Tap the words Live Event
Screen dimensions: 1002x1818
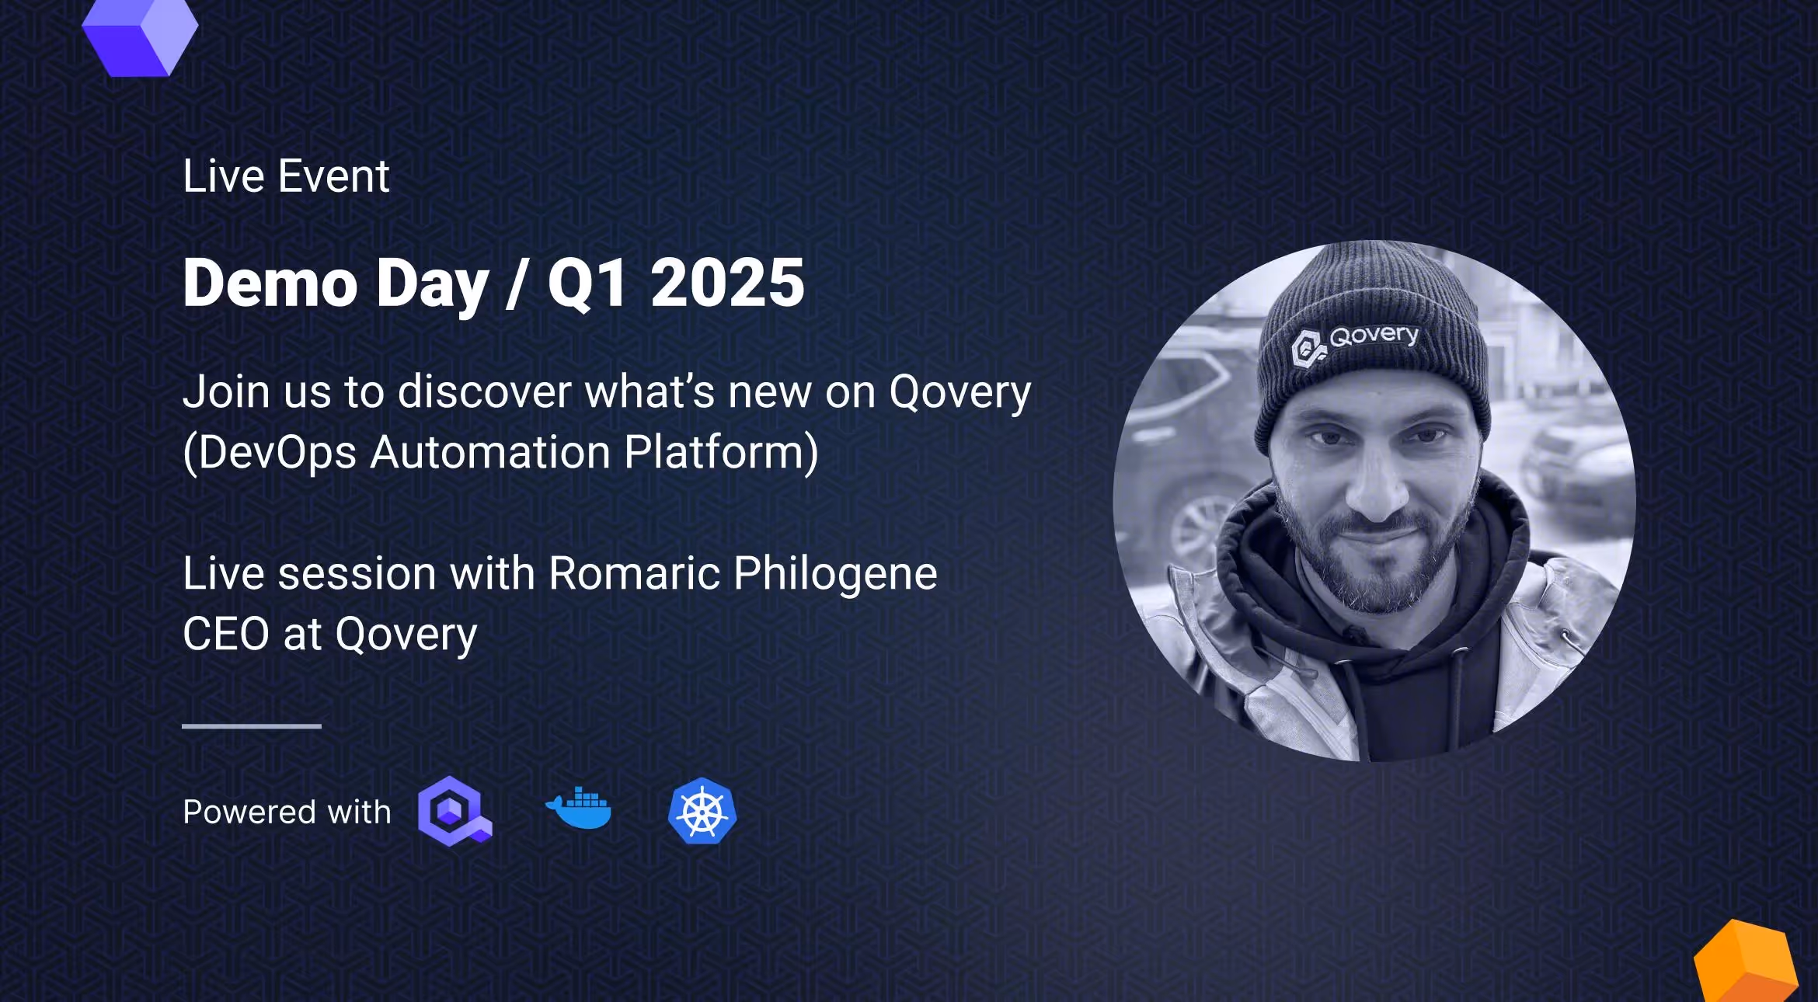[x=286, y=176]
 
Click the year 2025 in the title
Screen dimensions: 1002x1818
[x=727, y=283]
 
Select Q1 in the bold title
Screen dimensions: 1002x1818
[x=587, y=284]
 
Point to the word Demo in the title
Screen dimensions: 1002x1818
[x=270, y=283]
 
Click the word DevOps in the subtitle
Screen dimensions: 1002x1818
[x=276, y=452]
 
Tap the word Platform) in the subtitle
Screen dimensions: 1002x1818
[x=721, y=452]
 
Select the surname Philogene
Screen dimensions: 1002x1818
[x=834, y=575]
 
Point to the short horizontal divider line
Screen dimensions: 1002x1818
[x=251, y=726]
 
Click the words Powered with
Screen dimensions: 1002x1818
[x=287, y=812]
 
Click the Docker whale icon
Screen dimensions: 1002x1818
[x=579, y=809]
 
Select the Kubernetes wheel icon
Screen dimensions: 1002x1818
[x=702, y=811]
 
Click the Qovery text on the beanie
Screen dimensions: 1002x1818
[x=1373, y=336]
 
